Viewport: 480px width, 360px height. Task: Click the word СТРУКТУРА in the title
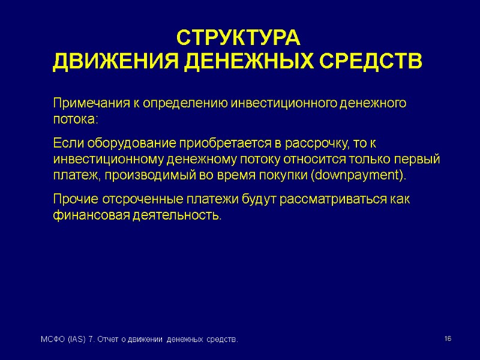pos(238,38)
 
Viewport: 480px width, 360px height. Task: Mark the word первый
pos(421,160)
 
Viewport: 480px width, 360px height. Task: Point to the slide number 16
pos(448,340)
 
